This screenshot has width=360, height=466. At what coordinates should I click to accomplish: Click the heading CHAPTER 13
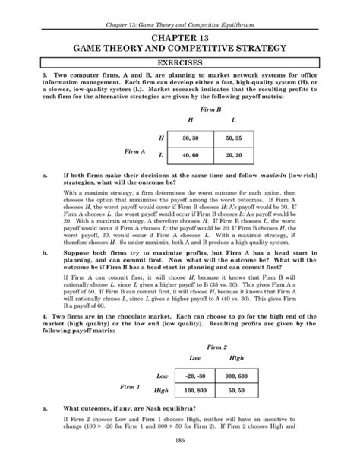pos(180,36)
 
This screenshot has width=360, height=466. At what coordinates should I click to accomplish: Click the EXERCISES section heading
pos(180,65)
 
